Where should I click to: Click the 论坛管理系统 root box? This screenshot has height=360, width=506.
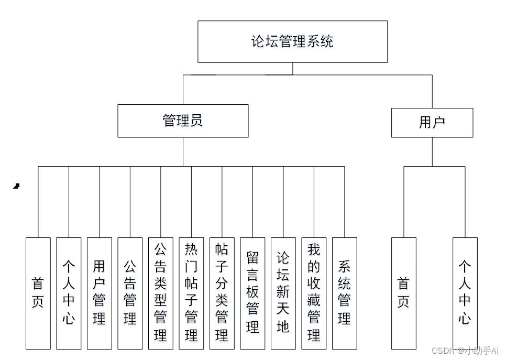[292, 41]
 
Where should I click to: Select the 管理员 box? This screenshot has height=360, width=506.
[183, 121]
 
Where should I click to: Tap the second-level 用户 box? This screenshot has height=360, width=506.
[432, 123]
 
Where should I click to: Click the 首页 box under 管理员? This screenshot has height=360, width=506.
[38, 293]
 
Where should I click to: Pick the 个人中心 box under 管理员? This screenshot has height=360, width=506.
[69, 293]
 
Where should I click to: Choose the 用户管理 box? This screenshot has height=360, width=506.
[99, 293]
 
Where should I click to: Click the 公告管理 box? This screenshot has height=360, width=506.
[130, 293]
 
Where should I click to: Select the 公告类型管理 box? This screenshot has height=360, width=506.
[160, 293]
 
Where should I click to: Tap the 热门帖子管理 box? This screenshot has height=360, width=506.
[191, 293]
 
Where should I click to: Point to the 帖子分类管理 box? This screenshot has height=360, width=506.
[222, 293]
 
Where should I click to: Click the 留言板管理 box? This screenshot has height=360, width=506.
[252, 293]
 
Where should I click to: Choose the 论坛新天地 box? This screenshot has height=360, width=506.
[283, 293]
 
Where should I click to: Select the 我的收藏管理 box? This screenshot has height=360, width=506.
[314, 293]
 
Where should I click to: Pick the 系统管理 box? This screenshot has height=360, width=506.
[344, 293]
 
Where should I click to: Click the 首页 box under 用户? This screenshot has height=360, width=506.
[403, 293]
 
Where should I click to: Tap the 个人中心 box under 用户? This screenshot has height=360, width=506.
[465, 293]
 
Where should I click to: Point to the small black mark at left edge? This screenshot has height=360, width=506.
[16, 186]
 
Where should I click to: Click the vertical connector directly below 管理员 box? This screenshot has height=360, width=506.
[183, 151]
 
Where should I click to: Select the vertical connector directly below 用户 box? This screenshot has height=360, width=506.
[432, 152]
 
